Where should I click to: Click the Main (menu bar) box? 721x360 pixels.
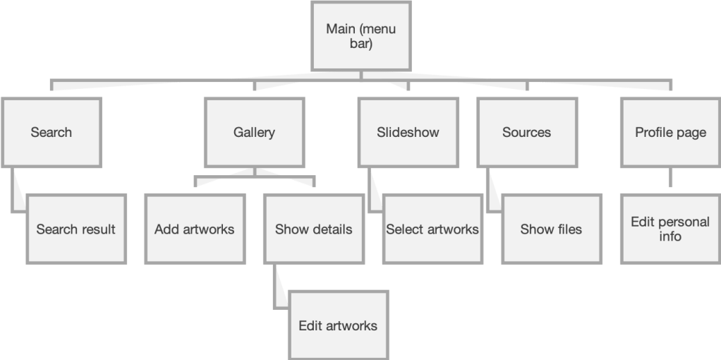pos(360,36)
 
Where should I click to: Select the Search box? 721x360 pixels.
pos(51,132)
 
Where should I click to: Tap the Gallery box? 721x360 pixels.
pos(254,132)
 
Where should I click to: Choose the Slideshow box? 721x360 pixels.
pos(408,132)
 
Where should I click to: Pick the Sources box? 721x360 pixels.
pos(526,132)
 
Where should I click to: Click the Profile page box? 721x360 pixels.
pos(670,132)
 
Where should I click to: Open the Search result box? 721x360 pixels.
pos(76,229)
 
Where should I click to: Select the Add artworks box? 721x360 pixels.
pos(195,229)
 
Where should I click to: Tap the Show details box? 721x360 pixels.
pos(313,229)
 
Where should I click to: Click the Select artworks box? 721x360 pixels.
pos(432,229)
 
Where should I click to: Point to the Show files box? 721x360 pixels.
pos(551,229)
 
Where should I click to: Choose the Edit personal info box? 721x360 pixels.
pos(670,229)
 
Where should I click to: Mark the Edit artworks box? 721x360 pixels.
pos(338,325)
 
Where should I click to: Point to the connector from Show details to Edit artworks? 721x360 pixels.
pos(279,286)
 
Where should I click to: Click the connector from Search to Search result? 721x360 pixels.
pos(17,191)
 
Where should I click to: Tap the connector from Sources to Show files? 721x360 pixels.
pos(492,191)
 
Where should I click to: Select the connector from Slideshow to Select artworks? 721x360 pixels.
pos(374,191)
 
